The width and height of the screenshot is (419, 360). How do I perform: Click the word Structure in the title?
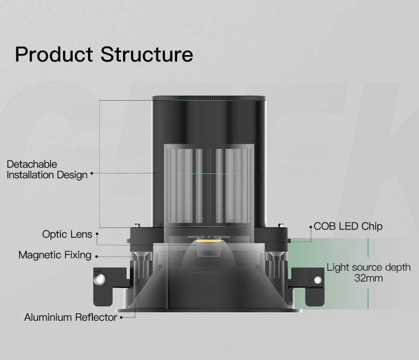coord(146,55)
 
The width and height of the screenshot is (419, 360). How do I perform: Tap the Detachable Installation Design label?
coord(47,170)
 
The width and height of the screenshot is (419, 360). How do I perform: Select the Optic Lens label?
coord(67,234)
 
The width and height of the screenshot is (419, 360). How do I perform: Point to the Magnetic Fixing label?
coord(55,255)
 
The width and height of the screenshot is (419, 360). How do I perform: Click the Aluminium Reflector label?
coord(71,318)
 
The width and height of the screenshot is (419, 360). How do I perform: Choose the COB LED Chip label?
coord(348,226)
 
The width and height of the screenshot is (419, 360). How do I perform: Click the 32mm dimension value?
coord(369,278)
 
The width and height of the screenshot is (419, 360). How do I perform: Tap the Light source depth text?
coord(369,267)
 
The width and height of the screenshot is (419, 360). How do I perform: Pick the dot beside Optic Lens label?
coord(97,234)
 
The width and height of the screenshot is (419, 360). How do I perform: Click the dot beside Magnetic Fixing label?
coord(96,256)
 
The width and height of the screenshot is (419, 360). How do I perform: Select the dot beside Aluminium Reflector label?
coord(121,318)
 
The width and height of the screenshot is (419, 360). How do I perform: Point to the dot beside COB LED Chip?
coord(310,226)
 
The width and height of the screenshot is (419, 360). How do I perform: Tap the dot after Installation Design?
coord(92,173)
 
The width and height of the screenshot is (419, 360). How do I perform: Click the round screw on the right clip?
coord(318,279)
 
